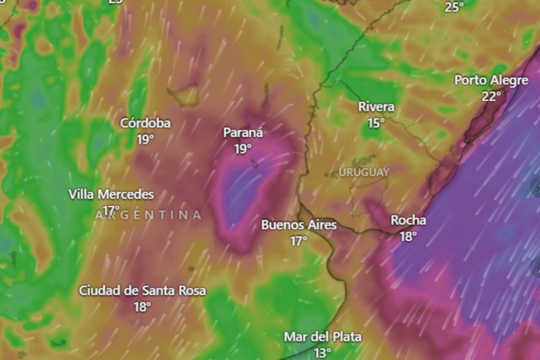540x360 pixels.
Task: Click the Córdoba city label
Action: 145,123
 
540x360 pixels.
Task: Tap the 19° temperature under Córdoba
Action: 145,139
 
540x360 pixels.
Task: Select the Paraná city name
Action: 243,133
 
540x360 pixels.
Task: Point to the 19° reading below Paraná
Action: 243,149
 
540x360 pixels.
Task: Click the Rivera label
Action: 376,107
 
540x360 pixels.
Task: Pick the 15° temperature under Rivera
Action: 376,123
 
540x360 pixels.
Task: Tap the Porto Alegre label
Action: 491,81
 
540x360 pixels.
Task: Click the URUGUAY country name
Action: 364,172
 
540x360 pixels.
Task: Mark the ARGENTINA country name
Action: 148,215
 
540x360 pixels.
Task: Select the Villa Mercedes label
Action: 111,195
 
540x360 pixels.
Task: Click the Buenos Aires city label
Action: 299,225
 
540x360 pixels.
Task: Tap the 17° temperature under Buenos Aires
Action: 298,241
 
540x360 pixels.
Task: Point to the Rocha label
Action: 408,220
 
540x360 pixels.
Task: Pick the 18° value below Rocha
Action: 408,237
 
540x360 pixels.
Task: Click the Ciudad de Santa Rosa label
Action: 142,291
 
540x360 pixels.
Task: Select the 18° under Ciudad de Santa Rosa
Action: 142,307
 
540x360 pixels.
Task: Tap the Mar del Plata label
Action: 323,337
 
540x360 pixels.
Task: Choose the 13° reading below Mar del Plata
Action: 323,353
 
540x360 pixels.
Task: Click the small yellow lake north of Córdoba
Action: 185,95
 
